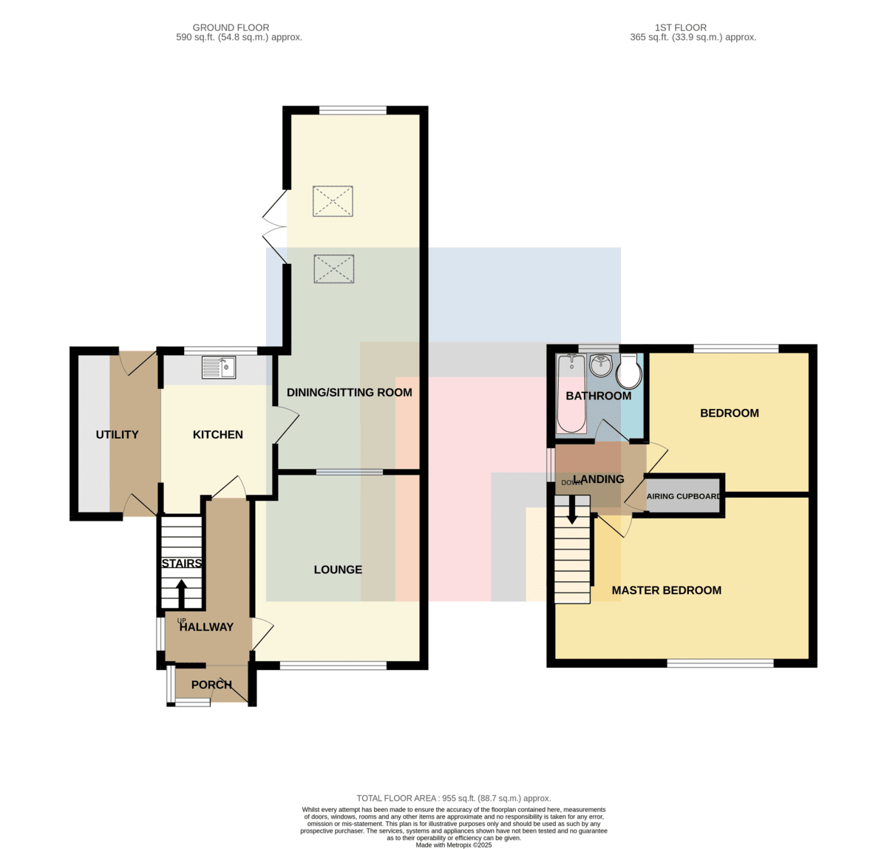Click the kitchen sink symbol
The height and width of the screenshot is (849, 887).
click(219, 368)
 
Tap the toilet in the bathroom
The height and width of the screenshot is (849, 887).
click(629, 371)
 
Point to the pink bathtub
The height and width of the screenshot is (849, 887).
click(571, 393)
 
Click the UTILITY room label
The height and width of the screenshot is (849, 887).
click(117, 435)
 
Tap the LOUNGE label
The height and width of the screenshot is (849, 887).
click(338, 569)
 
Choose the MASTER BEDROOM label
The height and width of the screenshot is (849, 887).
click(667, 590)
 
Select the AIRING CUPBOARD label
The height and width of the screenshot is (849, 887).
click(683, 496)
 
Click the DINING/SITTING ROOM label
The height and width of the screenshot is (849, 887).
click(349, 393)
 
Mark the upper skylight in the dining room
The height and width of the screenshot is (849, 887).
click(333, 201)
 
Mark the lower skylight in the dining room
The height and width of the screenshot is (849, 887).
click(333, 269)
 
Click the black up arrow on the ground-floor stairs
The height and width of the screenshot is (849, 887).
click(181, 594)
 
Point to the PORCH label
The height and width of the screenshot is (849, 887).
click(211, 684)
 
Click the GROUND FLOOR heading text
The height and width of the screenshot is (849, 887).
click(231, 28)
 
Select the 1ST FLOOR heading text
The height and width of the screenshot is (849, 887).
click(681, 28)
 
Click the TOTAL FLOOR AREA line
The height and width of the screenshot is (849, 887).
click(454, 798)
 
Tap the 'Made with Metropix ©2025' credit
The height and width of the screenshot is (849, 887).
click(454, 845)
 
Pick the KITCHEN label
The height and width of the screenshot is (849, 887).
click(218, 435)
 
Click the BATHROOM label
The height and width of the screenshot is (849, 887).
click(599, 396)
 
